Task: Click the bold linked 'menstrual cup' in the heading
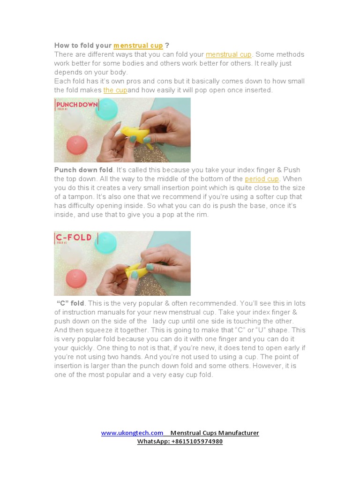tap(138, 45)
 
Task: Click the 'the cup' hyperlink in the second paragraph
tap(115, 90)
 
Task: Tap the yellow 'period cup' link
tap(262, 179)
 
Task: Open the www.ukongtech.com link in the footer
tap(132, 433)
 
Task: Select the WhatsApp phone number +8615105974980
tap(197, 442)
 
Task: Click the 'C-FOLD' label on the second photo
tap(74, 238)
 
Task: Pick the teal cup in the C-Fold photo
tap(107, 241)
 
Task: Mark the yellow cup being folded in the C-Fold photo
tap(136, 269)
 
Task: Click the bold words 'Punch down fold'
tap(83, 170)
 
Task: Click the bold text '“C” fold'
tap(71, 303)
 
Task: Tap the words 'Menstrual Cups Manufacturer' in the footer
tap(214, 433)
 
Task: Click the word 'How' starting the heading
tap(61, 45)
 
